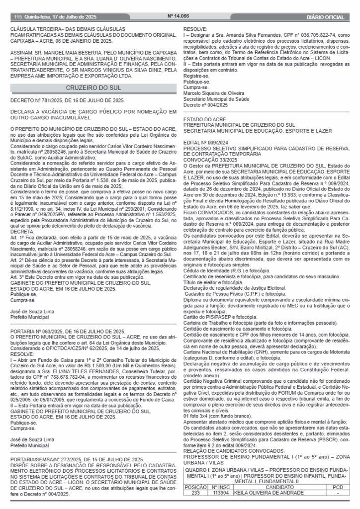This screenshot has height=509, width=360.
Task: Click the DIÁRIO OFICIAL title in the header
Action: tap(325, 17)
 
